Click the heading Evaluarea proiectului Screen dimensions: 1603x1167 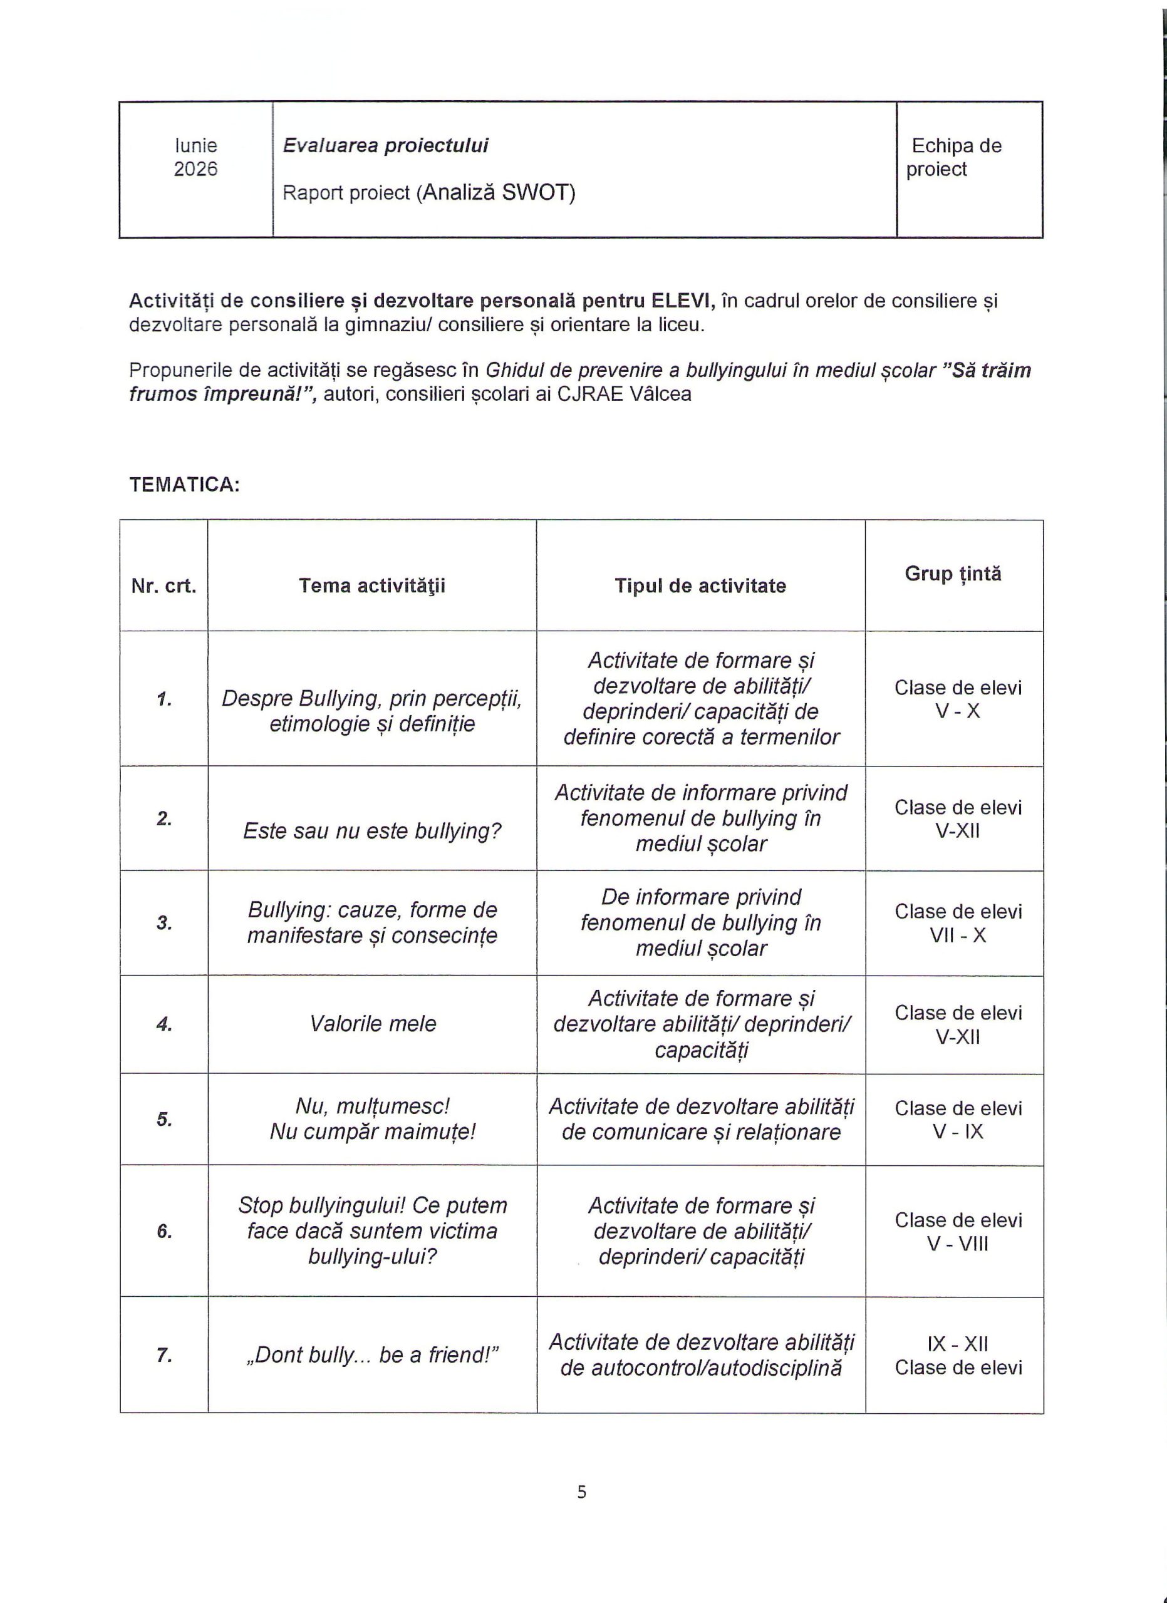coord(385,146)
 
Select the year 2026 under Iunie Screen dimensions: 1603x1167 coord(196,170)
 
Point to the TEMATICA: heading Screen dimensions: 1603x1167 coord(185,485)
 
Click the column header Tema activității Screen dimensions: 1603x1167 coord(372,586)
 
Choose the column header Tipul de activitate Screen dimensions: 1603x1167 coord(700,586)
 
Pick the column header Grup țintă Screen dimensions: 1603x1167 coord(953,574)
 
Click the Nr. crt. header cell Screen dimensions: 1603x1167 coord(164,586)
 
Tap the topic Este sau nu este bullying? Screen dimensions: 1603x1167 coord(372,831)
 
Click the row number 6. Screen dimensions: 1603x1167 coord(164,1232)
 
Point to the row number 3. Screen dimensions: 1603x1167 coord(164,923)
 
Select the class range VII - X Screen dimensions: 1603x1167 coord(958,936)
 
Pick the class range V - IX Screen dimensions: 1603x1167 coord(958,1131)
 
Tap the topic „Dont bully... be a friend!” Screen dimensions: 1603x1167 coord(372,1355)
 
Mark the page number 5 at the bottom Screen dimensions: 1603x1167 coord(582,1492)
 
